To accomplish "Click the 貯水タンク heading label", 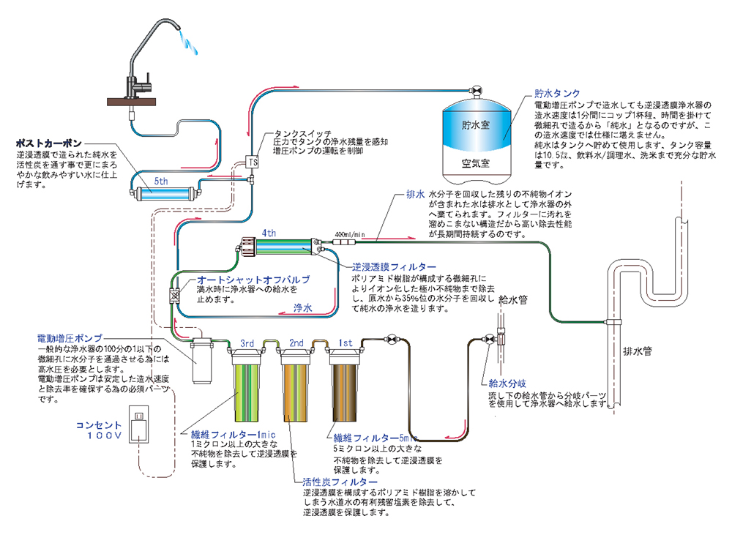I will pos(557,94).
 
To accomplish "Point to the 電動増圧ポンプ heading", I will pos(70,338).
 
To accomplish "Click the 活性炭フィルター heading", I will pos(340,483).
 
